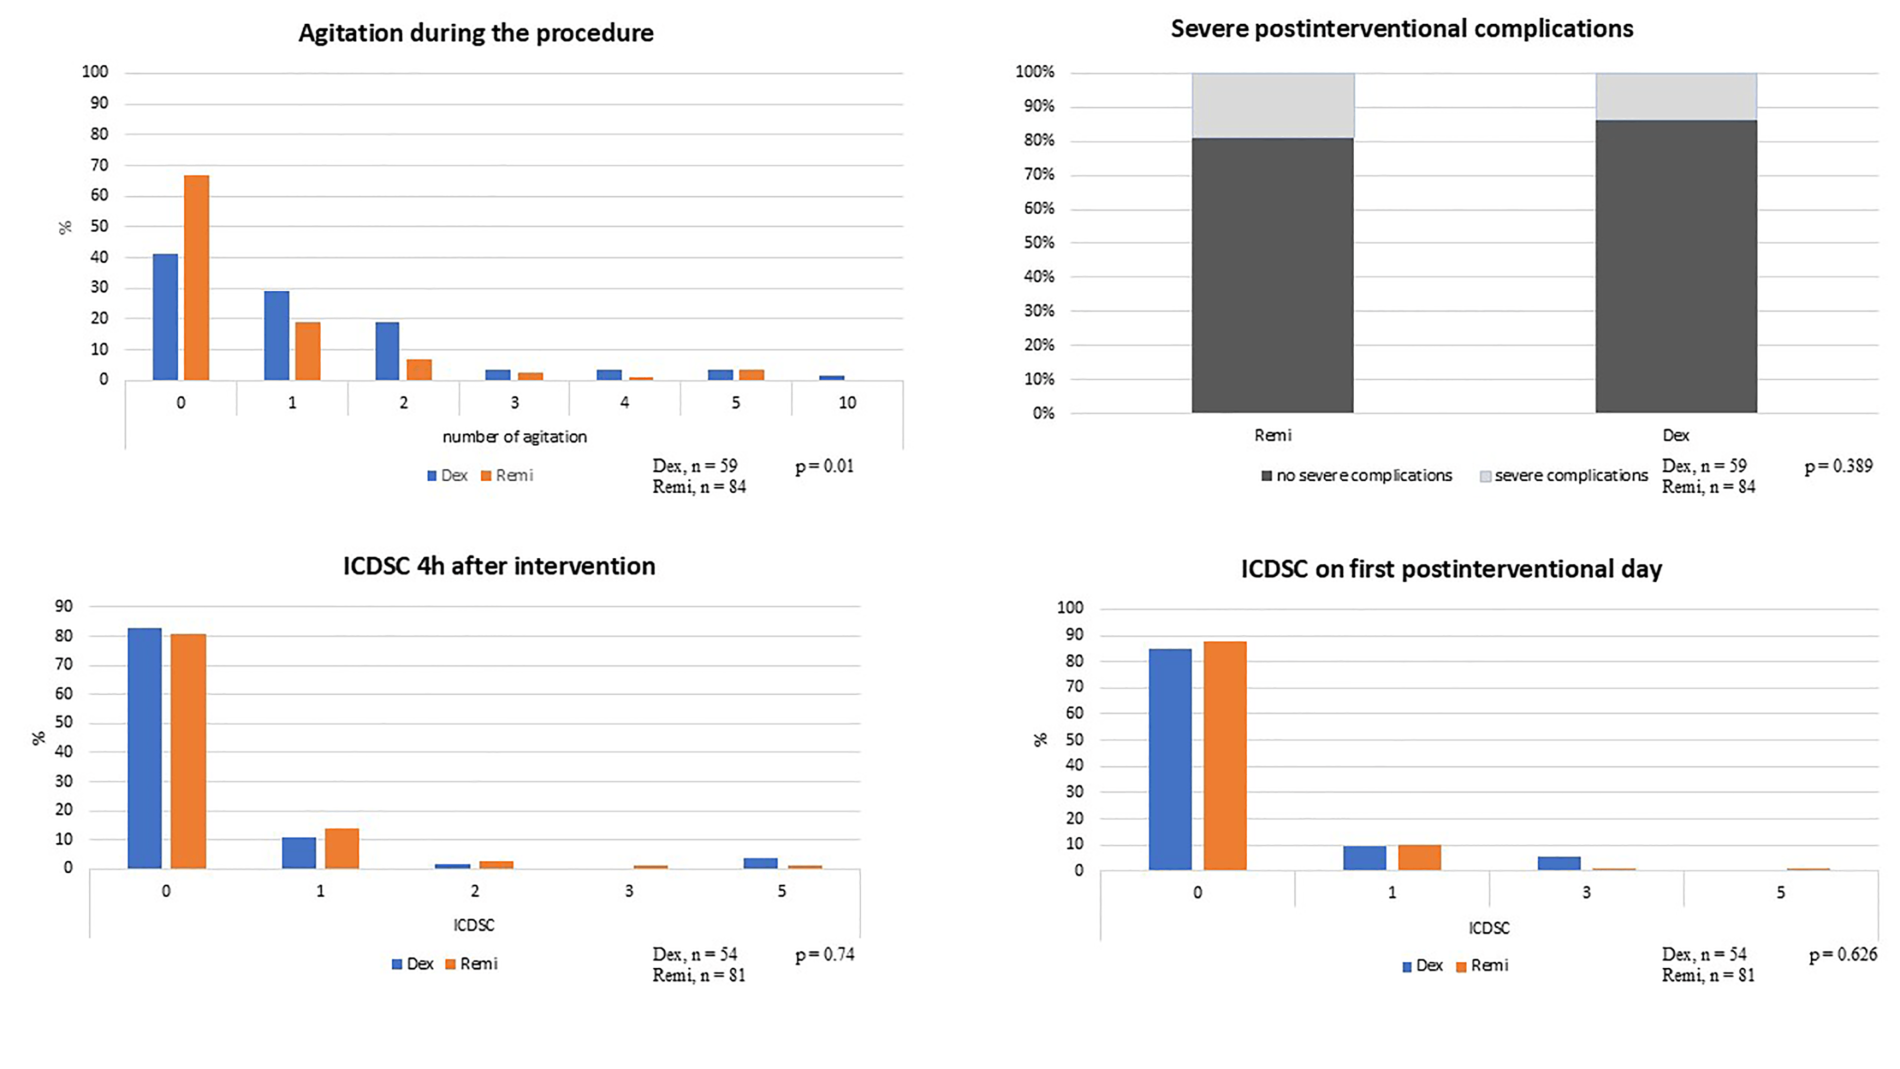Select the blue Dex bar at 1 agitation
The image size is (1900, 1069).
(x=276, y=336)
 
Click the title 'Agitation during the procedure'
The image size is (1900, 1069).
(x=476, y=33)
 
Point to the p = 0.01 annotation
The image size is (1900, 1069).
(x=824, y=466)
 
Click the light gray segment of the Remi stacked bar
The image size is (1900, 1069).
(x=1273, y=105)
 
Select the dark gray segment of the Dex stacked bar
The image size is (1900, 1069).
(x=1676, y=266)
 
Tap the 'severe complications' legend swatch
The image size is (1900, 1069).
(x=1485, y=477)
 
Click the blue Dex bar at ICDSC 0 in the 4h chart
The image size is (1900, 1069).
(x=144, y=748)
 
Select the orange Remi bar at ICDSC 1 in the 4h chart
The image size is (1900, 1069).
(x=342, y=849)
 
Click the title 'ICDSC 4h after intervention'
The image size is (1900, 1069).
(x=499, y=566)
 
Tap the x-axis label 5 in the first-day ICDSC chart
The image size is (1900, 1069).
(x=1780, y=893)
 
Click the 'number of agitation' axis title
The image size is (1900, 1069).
(x=514, y=437)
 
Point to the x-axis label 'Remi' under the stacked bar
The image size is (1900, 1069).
(x=1273, y=435)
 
